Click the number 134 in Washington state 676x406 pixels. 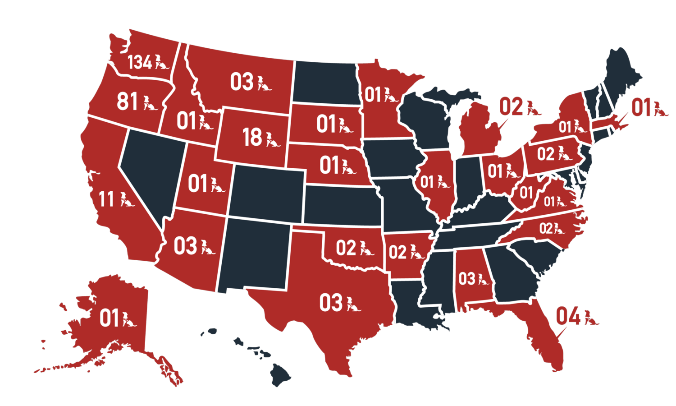pyautogui.click(x=139, y=62)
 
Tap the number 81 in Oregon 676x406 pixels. pyautogui.click(x=127, y=101)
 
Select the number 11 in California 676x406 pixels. pyautogui.click(x=106, y=199)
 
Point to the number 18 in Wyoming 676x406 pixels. pyautogui.click(x=252, y=137)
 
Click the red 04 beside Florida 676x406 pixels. pyautogui.click(x=568, y=316)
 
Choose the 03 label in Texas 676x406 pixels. pyautogui.click(x=331, y=303)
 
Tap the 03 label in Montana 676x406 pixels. pyautogui.click(x=242, y=82)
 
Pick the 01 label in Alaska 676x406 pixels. pyautogui.click(x=109, y=318)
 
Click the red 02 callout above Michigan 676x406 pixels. pyautogui.click(x=511, y=107)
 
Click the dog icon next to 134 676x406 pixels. pyautogui.click(x=161, y=62)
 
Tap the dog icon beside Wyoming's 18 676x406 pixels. pyautogui.click(x=272, y=139)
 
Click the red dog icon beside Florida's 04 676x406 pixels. pyautogui.click(x=590, y=318)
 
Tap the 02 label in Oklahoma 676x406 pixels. pyautogui.click(x=346, y=248)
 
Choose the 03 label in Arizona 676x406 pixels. pyautogui.click(x=185, y=246)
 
